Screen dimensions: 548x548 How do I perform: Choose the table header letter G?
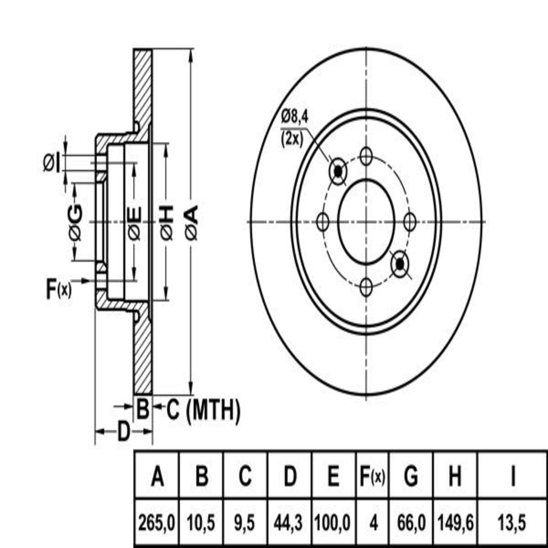click(x=411, y=476)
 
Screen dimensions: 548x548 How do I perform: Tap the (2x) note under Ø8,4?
click(x=292, y=139)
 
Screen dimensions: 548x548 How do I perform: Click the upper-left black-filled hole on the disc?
click(x=338, y=171)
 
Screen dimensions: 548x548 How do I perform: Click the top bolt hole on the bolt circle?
click(x=365, y=156)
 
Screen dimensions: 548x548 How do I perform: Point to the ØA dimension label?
click(x=192, y=223)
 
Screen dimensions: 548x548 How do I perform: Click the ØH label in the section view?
click(x=167, y=223)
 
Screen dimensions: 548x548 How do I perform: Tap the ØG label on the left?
click(x=76, y=223)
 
